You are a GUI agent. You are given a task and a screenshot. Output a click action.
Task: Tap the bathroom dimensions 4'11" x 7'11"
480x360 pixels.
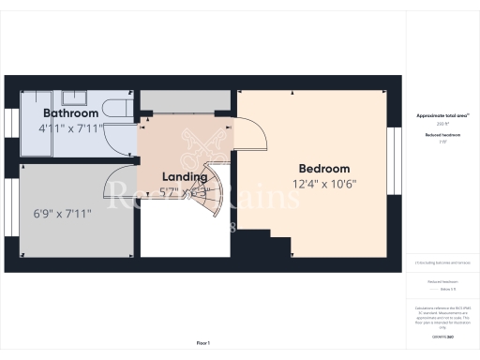70,127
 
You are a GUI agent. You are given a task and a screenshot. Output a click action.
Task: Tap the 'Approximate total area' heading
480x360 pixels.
442,115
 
